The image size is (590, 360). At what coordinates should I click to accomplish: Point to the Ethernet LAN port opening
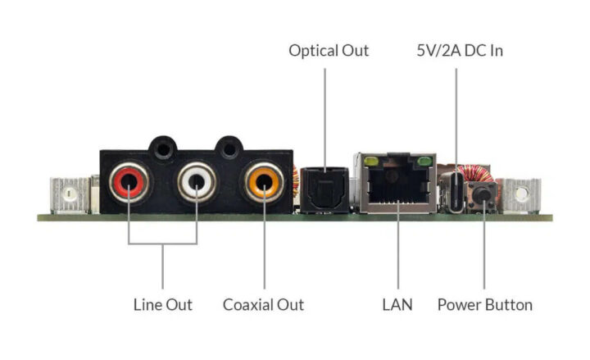point(397,189)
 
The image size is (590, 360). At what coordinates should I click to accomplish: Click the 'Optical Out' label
point(329,51)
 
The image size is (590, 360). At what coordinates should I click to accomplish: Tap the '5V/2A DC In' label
point(459,51)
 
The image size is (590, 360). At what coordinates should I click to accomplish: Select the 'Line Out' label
point(162,305)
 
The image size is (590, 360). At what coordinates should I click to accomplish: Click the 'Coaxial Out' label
point(263,305)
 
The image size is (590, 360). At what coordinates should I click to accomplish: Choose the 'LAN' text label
point(397,305)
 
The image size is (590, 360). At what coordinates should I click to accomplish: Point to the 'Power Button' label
point(484,305)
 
